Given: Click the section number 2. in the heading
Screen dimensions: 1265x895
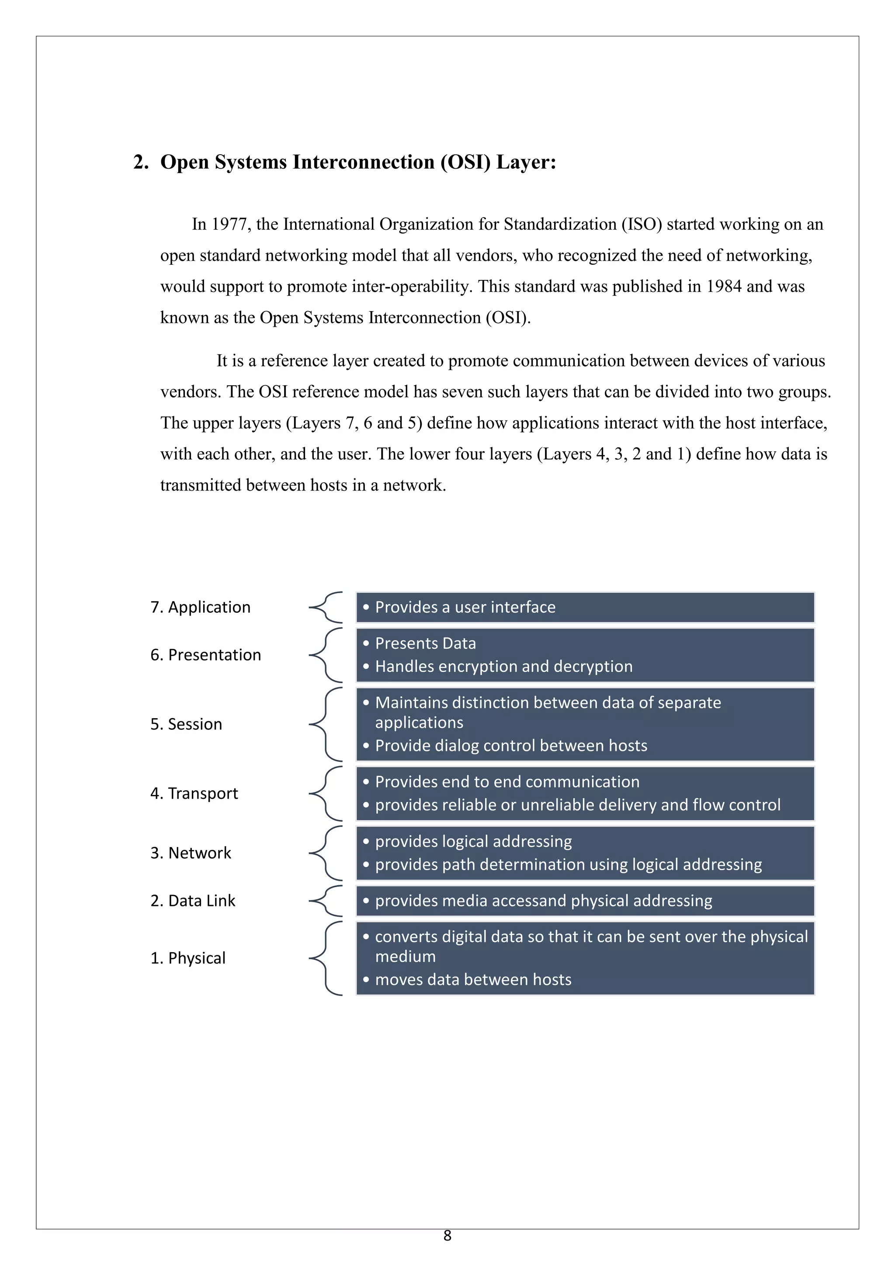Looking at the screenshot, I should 141,162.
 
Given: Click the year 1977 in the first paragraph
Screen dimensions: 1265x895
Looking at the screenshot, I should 229,224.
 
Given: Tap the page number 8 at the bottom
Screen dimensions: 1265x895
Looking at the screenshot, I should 447,1236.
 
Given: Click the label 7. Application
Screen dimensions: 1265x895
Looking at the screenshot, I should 200,607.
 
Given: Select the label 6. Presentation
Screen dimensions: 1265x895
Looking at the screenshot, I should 205,655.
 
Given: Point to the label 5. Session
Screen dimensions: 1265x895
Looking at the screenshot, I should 186,725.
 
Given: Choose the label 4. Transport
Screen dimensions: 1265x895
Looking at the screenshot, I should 194,793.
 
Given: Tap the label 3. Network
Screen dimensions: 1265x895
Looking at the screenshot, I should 191,853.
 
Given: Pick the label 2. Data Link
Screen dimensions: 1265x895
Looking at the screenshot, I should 193,901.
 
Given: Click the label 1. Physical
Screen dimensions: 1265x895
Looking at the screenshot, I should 188,958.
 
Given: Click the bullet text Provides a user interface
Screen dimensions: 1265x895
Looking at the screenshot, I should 465,607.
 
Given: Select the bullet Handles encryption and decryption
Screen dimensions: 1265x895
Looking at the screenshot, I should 504,667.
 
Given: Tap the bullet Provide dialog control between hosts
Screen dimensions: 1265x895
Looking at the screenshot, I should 511,746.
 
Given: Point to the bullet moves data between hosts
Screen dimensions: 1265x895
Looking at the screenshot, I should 473,980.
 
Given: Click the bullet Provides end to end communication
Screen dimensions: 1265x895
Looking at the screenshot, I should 507,782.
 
